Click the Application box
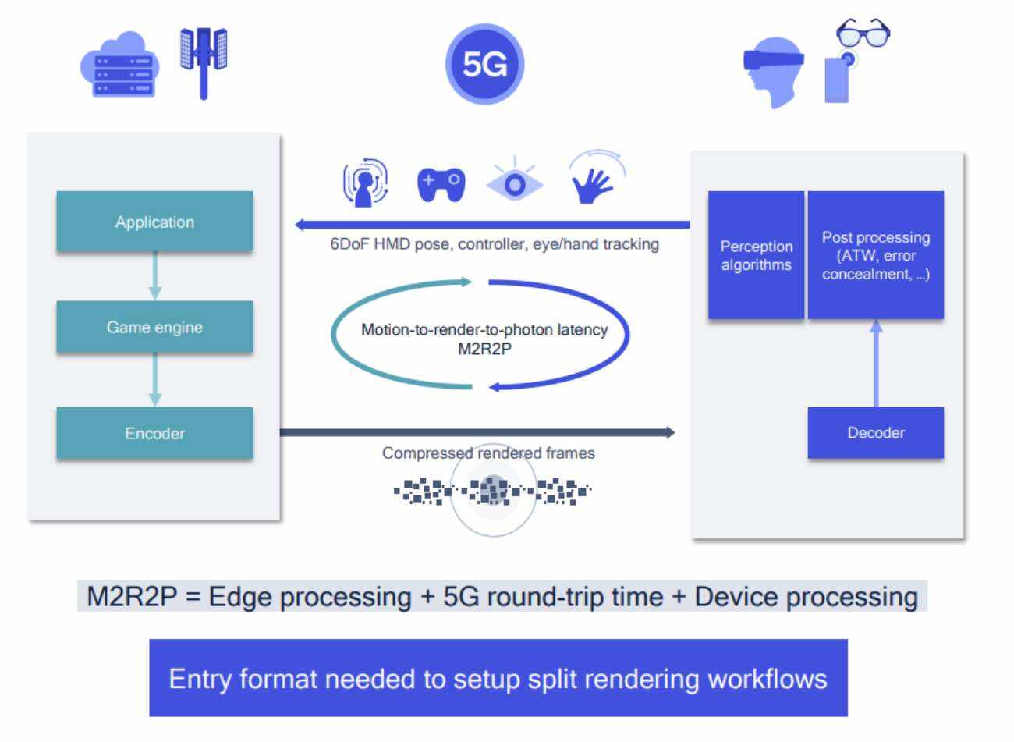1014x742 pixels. [x=154, y=222]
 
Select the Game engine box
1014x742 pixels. [x=154, y=327]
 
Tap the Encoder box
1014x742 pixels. [x=154, y=433]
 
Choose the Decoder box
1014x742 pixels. [x=875, y=432]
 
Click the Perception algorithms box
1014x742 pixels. [x=756, y=255]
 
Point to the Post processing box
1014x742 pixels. [x=875, y=255]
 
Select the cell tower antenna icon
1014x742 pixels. [x=204, y=61]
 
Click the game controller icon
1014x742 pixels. [x=441, y=185]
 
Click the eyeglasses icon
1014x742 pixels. [x=863, y=33]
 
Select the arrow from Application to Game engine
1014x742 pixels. [x=154, y=275]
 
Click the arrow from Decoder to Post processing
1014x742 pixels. [x=876, y=363]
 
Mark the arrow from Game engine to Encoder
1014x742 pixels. [x=154, y=379]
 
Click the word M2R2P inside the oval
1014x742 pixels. [x=484, y=349]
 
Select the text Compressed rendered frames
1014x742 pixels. [x=488, y=453]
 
